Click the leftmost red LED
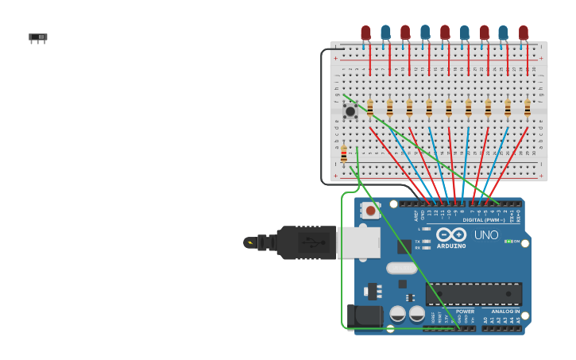pyautogui.click(x=365, y=33)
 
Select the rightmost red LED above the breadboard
pyautogui.click(x=523, y=33)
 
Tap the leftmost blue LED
pyautogui.click(x=385, y=32)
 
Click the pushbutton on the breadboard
pyautogui.click(x=350, y=110)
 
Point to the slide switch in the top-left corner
pyautogui.click(x=38, y=37)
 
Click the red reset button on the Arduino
pyautogui.click(x=369, y=211)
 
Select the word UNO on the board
pyautogui.click(x=486, y=235)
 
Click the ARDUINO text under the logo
pyautogui.click(x=450, y=246)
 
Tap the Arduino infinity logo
pyautogui.click(x=450, y=234)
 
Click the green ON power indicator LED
pyautogui.click(x=508, y=241)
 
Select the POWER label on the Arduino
pyautogui.click(x=465, y=312)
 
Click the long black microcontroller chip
pyautogui.click(x=474, y=294)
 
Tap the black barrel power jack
pyautogui.click(x=365, y=315)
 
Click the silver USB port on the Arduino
pyautogui.click(x=358, y=242)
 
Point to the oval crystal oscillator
pyautogui.click(x=401, y=269)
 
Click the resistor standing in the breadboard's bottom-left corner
pyautogui.click(x=343, y=154)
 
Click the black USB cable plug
pyautogui.click(x=306, y=242)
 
